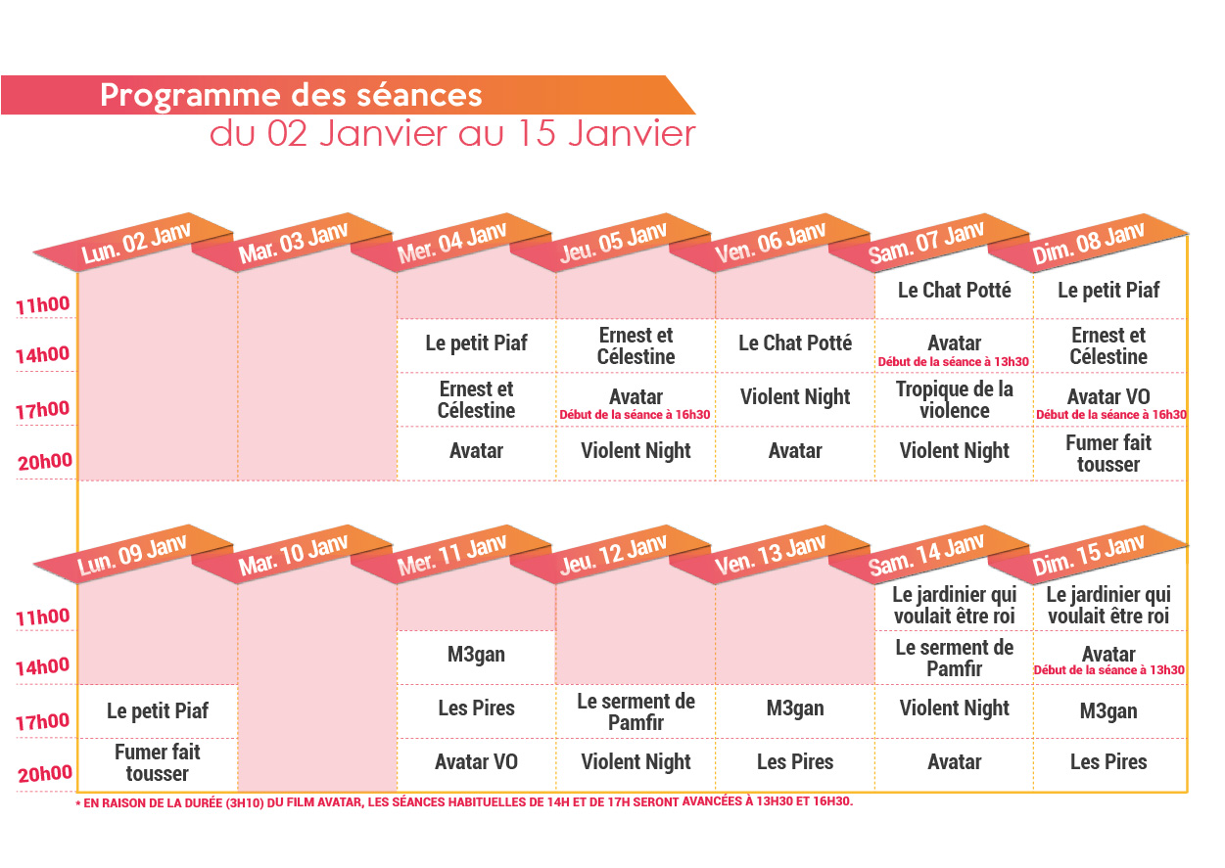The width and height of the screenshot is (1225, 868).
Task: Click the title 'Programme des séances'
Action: click(x=291, y=96)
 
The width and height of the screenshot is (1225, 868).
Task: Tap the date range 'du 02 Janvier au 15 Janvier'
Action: click(x=452, y=134)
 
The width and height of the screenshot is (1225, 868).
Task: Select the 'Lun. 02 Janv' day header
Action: click(x=135, y=243)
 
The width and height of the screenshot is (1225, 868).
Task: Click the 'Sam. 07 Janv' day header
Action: click(x=926, y=243)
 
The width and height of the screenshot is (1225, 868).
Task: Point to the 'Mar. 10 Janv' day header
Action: click(x=293, y=554)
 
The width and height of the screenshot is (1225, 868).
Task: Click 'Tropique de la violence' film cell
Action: click(x=955, y=399)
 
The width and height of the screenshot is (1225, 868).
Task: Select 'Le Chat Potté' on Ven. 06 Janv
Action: click(x=795, y=343)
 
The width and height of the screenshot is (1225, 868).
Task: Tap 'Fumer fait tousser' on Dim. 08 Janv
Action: click(x=1108, y=453)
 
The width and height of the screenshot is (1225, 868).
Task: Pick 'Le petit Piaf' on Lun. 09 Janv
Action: click(x=158, y=711)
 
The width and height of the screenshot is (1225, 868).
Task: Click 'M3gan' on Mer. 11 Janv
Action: click(x=477, y=655)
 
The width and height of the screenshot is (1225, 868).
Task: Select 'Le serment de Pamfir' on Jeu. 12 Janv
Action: click(x=636, y=711)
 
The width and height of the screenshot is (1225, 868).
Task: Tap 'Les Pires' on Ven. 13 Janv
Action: click(x=795, y=762)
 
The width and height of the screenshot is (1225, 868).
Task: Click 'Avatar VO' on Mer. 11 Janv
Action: click(x=477, y=762)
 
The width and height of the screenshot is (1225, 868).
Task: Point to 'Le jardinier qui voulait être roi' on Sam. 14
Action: click(x=955, y=606)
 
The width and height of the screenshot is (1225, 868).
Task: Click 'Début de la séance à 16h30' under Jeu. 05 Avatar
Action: click(x=636, y=415)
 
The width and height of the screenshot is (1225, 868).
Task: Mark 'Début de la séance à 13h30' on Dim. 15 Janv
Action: click(x=1108, y=670)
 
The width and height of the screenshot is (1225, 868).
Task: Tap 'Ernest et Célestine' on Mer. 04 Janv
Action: click(x=477, y=399)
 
